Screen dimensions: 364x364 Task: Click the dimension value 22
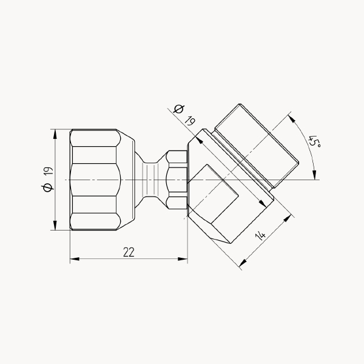[x=129, y=252]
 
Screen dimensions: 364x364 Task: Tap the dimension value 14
[x=260, y=236]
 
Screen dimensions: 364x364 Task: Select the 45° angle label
[x=314, y=141]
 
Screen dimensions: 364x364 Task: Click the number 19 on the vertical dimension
[x=49, y=171]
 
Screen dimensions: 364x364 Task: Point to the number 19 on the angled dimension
[x=190, y=121]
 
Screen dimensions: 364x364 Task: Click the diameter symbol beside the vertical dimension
[x=47, y=187]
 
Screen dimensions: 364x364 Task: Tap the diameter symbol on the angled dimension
[x=179, y=109]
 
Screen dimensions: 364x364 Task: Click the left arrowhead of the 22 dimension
[x=75, y=259]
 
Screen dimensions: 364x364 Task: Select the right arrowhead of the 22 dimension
[x=183, y=259]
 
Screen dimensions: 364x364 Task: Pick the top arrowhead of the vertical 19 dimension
[x=55, y=134]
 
